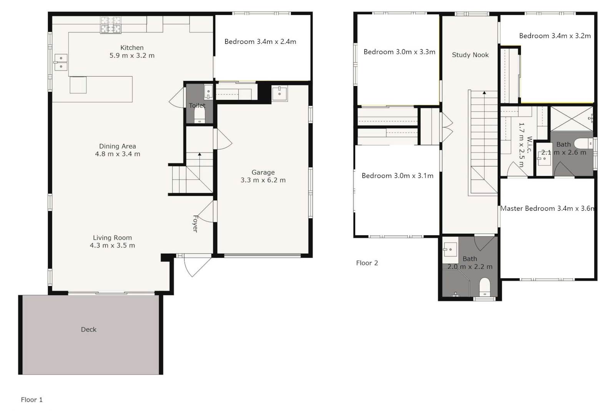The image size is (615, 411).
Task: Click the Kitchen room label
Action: tap(132, 52)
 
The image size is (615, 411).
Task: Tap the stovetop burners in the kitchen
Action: tap(111, 25)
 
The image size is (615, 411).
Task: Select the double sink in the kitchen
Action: tap(61, 62)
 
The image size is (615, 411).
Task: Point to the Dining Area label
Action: tap(118, 150)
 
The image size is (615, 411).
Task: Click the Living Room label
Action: tap(112, 241)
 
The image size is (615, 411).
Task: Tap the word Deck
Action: tap(89, 329)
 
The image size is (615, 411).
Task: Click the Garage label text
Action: tap(263, 176)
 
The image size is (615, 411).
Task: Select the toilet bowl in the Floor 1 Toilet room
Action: tap(199, 116)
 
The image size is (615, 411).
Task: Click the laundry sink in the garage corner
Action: tap(279, 93)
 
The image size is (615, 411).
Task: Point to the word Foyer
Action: tap(195, 224)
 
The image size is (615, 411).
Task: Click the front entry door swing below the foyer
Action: tap(197, 266)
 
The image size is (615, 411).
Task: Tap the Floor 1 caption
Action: tap(32, 400)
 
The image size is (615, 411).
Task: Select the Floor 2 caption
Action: tap(367, 263)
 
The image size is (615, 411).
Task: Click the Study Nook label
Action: tap(470, 55)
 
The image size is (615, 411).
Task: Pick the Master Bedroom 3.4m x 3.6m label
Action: tap(547, 208)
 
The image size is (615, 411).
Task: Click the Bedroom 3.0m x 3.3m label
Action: tap(399, 52)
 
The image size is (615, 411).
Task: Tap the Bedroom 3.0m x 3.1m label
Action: tap(397, 176)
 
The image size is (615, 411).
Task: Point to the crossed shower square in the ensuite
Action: tap(572, 118)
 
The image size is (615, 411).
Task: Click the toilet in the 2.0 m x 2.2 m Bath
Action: tap(485, 287)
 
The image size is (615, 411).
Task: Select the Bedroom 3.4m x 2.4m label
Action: tap(260, 42)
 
